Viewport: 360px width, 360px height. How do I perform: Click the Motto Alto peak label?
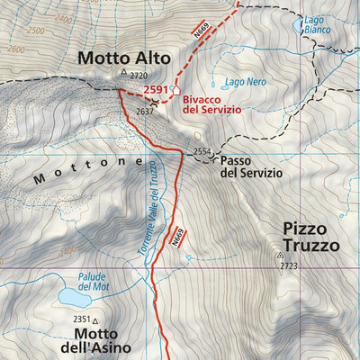[116, 58]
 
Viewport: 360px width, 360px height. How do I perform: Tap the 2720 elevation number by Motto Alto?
[138, 76]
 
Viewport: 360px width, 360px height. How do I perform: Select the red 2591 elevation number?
[157, 90]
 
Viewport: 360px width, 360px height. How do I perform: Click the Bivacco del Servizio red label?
[211, 103]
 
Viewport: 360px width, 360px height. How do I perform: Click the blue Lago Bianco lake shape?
[298, 26]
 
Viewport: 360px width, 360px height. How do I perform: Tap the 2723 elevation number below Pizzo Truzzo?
[288, 266]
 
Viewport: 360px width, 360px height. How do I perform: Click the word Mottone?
[87, 170]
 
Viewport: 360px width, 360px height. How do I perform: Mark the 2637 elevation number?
[145, 110]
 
